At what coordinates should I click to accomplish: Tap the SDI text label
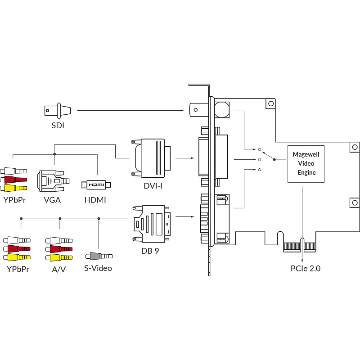click(58, 126)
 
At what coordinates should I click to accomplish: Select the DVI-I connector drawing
click(151, 157)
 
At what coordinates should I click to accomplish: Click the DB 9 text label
click(150, 251)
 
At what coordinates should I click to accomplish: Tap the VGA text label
click(52, 200)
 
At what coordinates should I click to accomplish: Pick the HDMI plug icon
click(96, 184)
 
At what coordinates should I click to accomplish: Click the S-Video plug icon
click(99, 256)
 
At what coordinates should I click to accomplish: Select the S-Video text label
click(98, 269)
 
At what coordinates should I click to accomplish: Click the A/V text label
click(58, 270)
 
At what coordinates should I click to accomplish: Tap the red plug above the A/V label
click(59, 249)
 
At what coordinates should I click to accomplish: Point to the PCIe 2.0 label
click(306, 269)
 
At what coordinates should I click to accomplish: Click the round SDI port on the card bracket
click(221, 109)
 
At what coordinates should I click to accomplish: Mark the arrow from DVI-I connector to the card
click(185, 158)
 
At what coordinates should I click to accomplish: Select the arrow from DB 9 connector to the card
click(185, 216)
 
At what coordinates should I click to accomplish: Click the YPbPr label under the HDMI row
click(14, 200)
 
